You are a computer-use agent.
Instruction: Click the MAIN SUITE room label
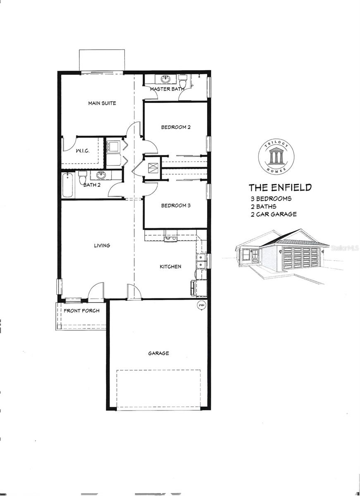pyautogui.click(x=102, y=103)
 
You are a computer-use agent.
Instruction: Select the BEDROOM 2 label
pyautogui.click(x=176, y=127)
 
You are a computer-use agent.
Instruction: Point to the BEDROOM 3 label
pyautogui.click(x=176, y=205)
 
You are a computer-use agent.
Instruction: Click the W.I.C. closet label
pyautogui.click(x=82, y=151)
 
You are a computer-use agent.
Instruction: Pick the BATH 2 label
pyautogui.click(x=92, y=185)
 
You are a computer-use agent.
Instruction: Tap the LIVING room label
pyautogui.click(x=102, y=246)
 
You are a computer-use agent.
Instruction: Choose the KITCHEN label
pyautogui.click(x=170, y=267)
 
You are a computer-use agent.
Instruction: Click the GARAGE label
pyautogui.click(x=158, y=353)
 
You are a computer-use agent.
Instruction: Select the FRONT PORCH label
pyautogui.click(x=81, y=310)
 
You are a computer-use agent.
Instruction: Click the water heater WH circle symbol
pyautogui.click(x=202, y=305)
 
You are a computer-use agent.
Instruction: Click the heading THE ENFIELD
pyautogui.click(x=280, y=188)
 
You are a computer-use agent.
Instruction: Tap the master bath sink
pyautogui.click(x=167, y=79)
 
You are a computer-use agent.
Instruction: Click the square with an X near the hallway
pyautogui.click(x=153, y=168)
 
